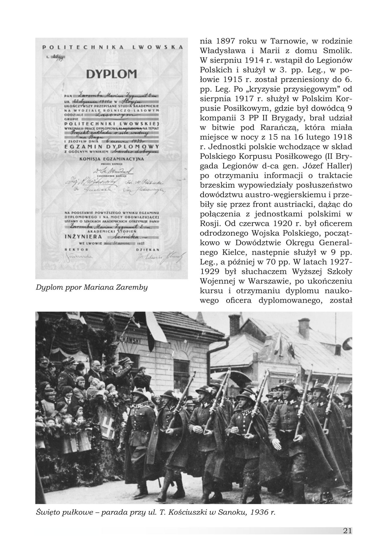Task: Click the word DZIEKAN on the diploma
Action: (x=148, y=249)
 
